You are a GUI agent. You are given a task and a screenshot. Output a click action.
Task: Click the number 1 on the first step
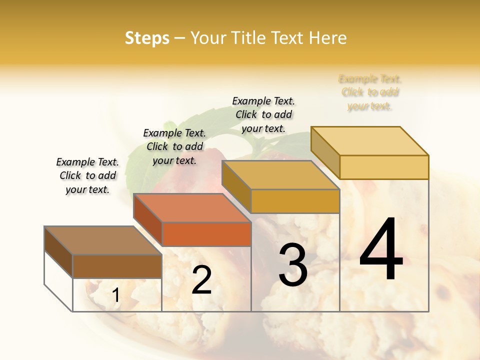pyautogui.click(x=116, y=295)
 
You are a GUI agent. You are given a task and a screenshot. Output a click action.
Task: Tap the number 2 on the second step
pyautogui.click(x=201, y=279)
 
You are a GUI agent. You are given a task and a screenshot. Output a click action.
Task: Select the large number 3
pyautogui.click(x=293, y=265)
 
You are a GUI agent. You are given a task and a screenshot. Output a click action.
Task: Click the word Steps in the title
pyautogui.click(x=147, y=38)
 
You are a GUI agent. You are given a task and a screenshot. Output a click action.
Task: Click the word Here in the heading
pyautogui.click(x=328, y=38)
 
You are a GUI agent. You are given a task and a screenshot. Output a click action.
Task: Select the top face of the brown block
pyautogui.click(x=102, y=240)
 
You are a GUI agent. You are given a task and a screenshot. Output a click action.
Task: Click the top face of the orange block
pyautogui.click(x=192, y=208)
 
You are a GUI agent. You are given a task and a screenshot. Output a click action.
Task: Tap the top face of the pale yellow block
pyautogui.click(x=370, y=141)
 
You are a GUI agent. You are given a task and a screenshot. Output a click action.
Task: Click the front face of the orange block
pyautogui.click(x=206, y=234)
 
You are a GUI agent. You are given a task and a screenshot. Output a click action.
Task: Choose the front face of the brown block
pyautogui.click(x=117, y=266)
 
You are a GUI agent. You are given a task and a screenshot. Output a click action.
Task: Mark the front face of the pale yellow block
pyautogui.click(x=384, y=167)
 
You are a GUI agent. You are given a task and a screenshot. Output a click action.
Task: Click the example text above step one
pyautogui.click(x=87, y=175)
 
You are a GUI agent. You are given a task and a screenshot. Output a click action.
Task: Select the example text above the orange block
pyautogui.click(x=174, y=146)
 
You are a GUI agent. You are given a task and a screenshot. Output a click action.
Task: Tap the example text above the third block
pyautogui.click(x=263, y=114)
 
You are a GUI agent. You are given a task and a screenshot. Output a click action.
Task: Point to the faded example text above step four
pyautogui.click(x=370, y=92)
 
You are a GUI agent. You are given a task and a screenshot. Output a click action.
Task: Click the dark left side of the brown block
pyautogui.click(x=58, y=251)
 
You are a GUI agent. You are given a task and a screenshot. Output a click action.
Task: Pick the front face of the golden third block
pyautogui.click(x=295, y=201)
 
